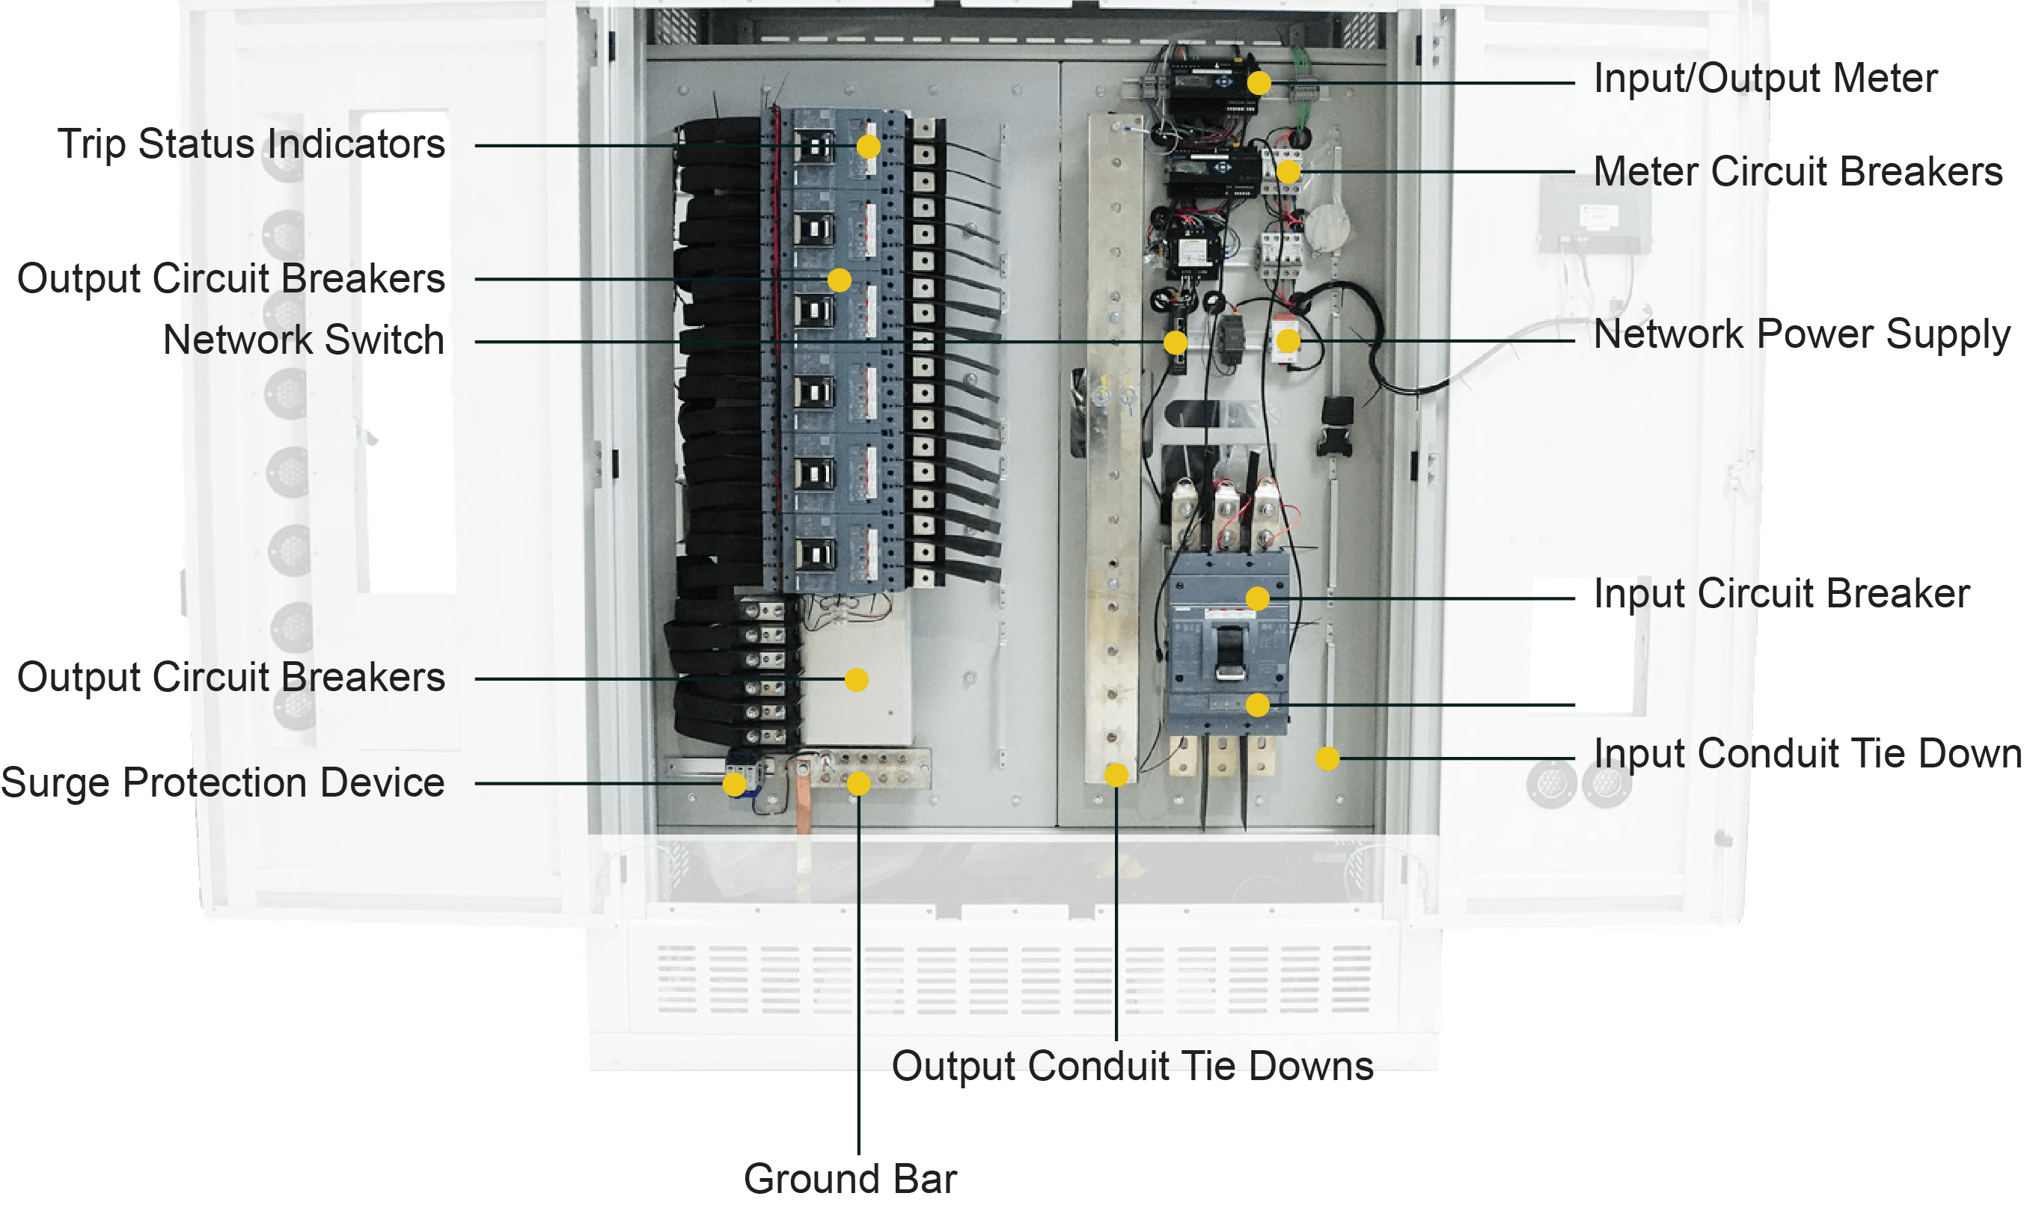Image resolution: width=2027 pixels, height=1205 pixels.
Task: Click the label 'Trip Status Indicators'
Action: coord(251,144)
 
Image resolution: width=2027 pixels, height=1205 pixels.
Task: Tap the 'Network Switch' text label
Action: coord(304,340)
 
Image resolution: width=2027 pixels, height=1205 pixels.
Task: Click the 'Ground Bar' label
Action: coord(850,1179)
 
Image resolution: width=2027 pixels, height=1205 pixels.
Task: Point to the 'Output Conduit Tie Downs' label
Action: coord(1132,1066)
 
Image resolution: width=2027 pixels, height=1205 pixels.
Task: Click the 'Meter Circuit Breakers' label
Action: coord(1798,171)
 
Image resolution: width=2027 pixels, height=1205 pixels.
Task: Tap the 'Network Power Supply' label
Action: coord(1802,334)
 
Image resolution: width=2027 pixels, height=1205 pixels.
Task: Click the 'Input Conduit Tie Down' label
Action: coord(1808,753)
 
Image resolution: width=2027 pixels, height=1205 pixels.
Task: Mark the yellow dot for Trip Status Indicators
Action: coord(868,146)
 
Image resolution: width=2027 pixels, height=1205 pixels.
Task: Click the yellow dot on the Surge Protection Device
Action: coord(734,784)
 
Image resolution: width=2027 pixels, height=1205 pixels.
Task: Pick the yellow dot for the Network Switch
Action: coord(1175,342)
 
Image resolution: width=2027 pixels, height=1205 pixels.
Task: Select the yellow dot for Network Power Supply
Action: coord(1287,341)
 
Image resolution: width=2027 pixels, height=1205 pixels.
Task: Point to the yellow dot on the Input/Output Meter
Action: coord(1259,83)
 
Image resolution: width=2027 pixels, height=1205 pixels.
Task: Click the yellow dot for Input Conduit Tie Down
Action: coord(1327,758)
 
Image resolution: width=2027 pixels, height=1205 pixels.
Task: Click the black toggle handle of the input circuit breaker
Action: coord(1229,652)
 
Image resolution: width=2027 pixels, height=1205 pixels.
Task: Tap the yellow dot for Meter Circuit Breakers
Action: coord(1288,171)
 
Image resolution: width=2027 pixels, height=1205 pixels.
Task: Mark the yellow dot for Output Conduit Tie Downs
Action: coord(1116,775)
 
